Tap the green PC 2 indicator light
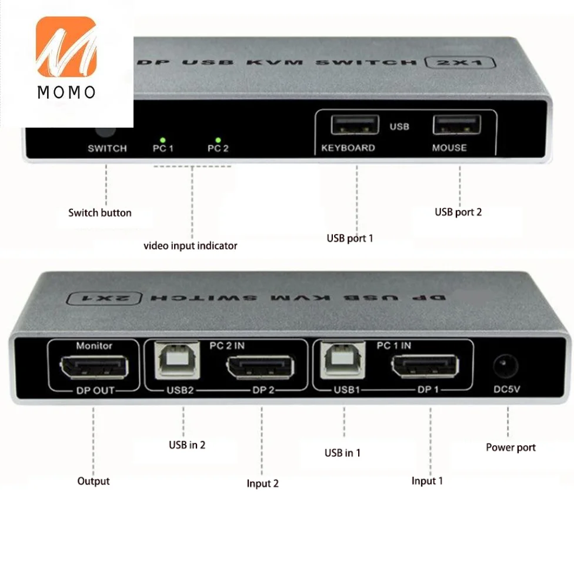[x=218, y=140]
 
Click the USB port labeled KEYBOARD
[x=355, y=125]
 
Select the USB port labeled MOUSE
[x=457, y=125]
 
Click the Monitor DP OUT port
[x=94, y=368]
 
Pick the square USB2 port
[x=173, y=360]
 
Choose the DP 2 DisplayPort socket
[x=260, y=368]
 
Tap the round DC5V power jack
[x=505, y=366]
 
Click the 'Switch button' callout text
[x=100, y=213]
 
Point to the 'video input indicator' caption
[x=191, y=246]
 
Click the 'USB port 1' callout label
[x=350, y=238]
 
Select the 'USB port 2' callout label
[x=458, y=212]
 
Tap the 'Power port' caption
[x=510, y=448]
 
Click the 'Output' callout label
[x=94, y=481]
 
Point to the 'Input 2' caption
[x=263, y=483]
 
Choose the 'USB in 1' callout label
[x=342, y=453]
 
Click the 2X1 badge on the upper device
[x=460, y=62]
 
